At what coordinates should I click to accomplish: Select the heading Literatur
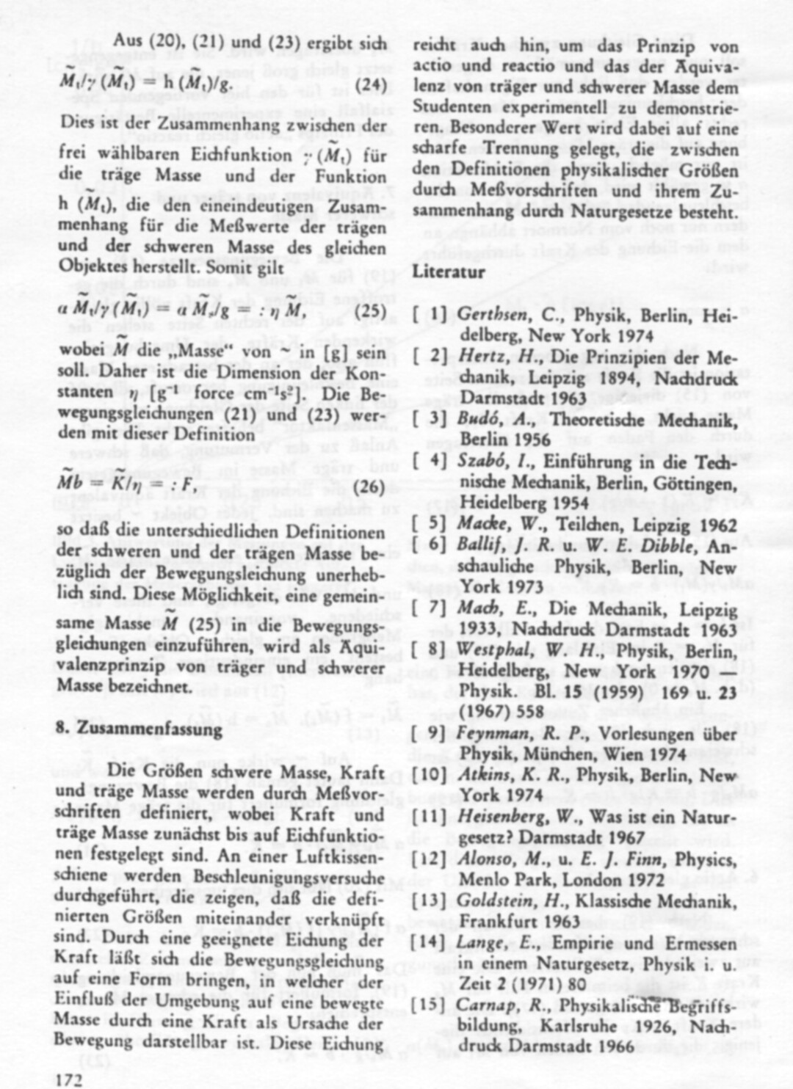point(449,271)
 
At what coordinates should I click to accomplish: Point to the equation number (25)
point(369,310)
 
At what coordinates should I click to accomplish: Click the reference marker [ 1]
point(430,315)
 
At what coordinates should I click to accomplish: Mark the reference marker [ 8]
point(430,650)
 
